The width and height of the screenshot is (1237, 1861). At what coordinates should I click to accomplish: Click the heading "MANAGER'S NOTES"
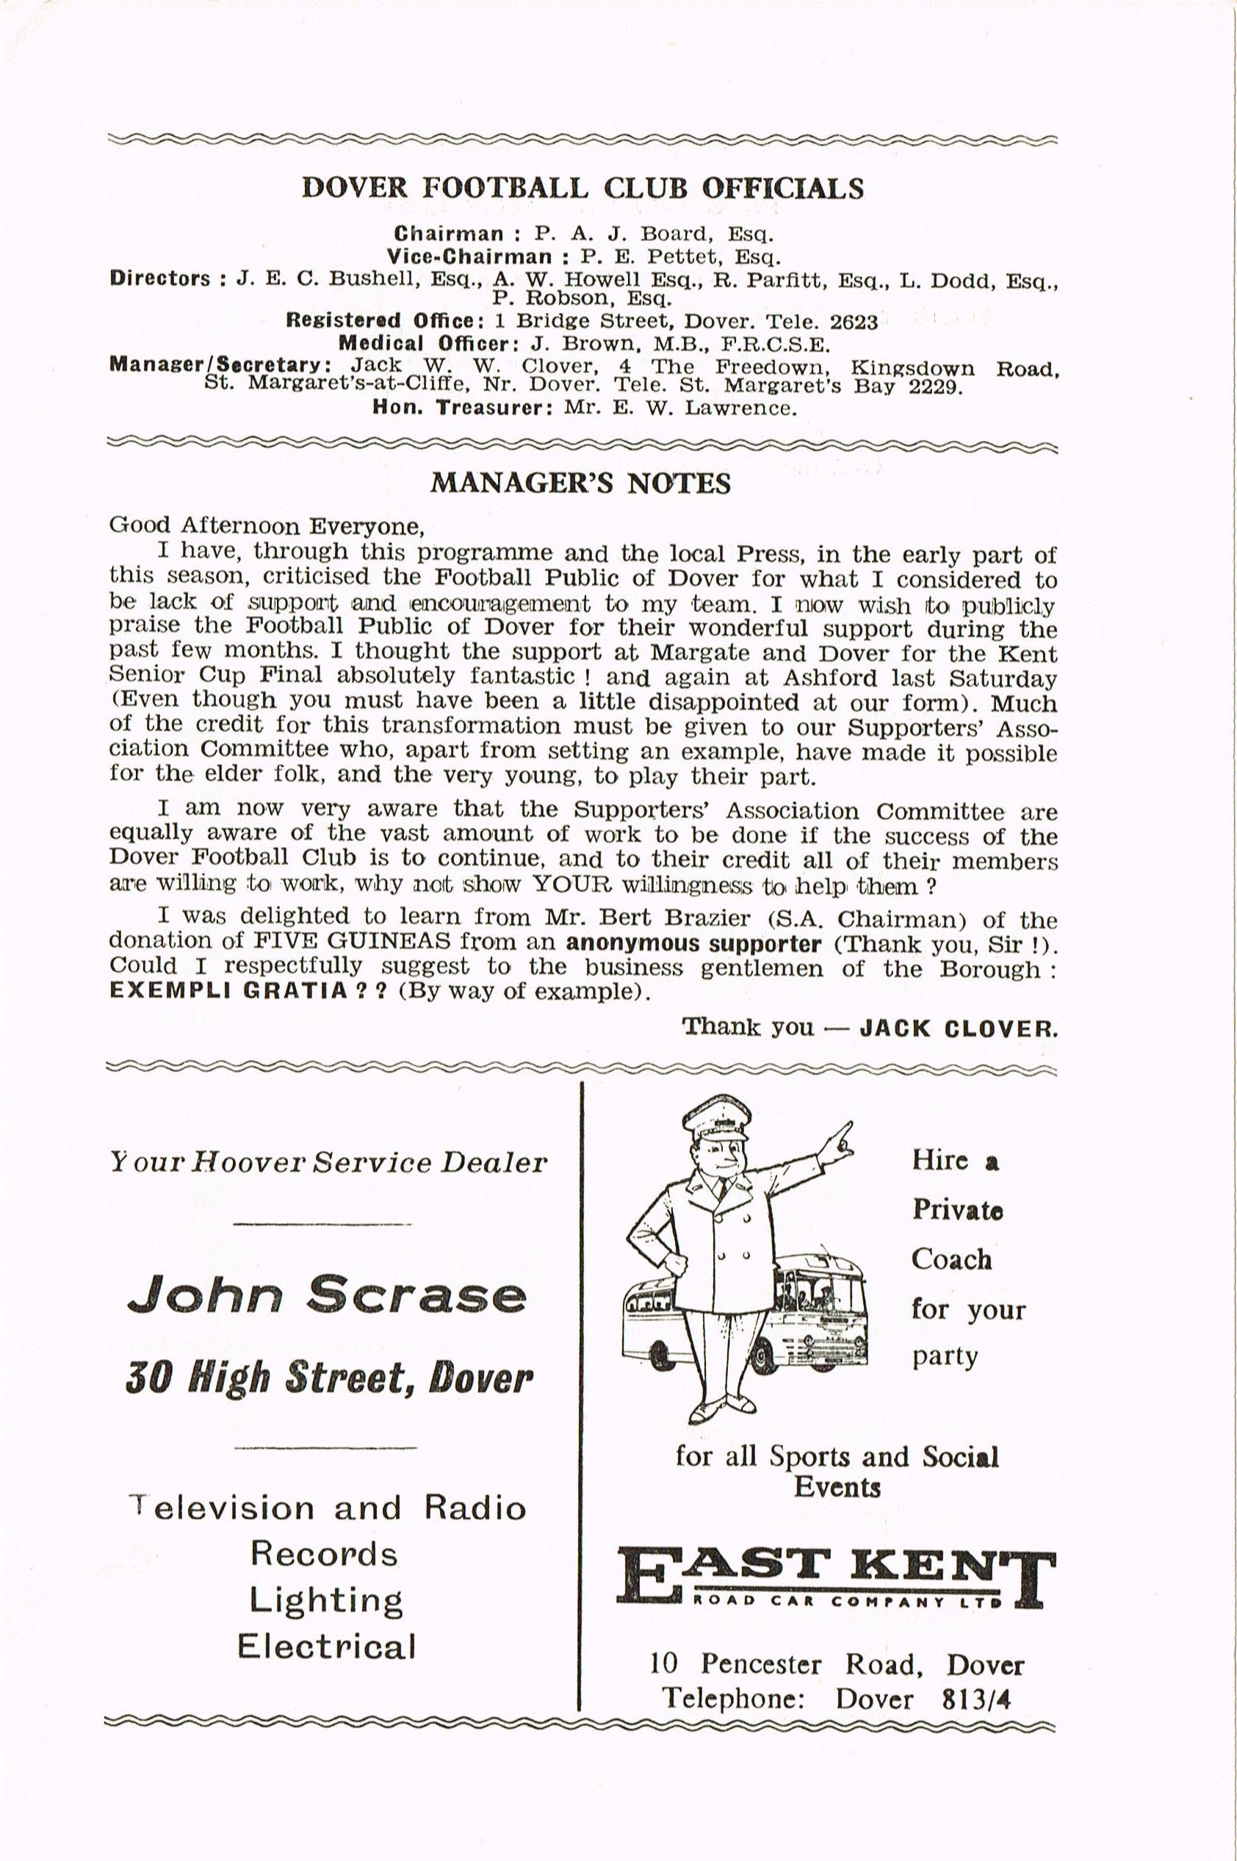(x=580, y=483)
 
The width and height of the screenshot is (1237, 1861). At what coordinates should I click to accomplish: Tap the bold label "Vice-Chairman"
(x=469, y=256)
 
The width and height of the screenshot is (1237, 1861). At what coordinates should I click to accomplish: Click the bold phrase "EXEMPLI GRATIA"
(x=228, y=991)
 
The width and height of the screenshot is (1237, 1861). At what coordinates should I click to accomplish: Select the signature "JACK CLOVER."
(x=958, y=1028)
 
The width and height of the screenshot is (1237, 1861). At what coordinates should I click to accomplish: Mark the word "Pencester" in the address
(x=760, y=1665)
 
